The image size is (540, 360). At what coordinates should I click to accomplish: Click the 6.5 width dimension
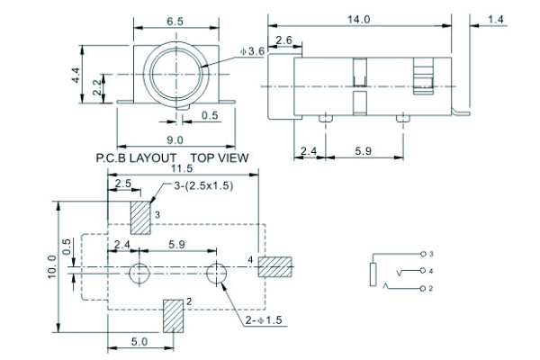pyautogui.click(x=176, y=21)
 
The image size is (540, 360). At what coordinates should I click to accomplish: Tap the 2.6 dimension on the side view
pyautogui.click(x=283, y=40)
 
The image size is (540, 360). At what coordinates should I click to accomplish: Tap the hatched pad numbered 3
pyautogui.click(x=141, y=216)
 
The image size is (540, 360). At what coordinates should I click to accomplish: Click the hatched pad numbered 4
pyautogui.click(x=275, y=267)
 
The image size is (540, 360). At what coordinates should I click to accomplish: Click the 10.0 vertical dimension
pyautogui.click(x=53, y=268)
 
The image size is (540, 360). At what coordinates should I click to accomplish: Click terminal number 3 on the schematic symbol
pyautogui.click(x=431, y=254)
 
